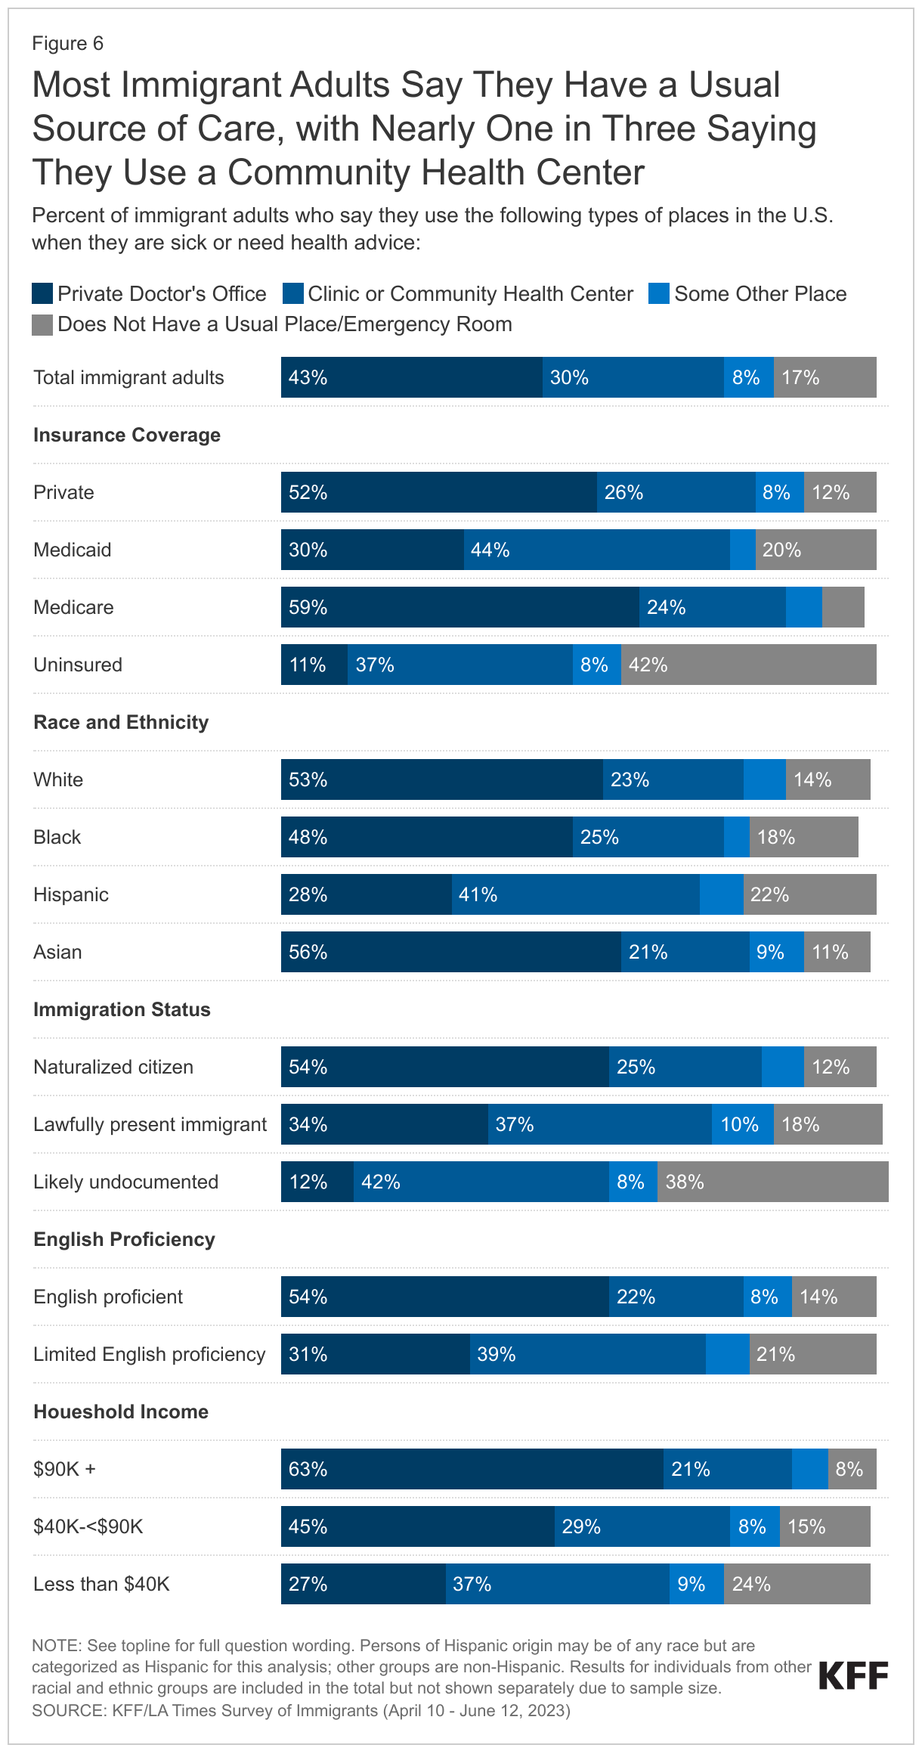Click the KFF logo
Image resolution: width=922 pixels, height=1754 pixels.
pyautogui.click(x=853, y=1675)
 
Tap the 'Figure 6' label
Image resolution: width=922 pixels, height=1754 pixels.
pyautogui.click(x=67, y=44)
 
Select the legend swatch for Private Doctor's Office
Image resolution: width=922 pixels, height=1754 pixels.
pyautogui.click(x=42, y=293)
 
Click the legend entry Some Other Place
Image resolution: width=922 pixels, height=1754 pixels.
pyautogui.click(x=760, y=293)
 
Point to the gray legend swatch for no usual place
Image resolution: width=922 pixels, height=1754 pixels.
pyautogui.click(x=42, y=324)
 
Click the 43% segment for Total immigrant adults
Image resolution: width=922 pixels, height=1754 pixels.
pyautogui.click(x=411, y=377)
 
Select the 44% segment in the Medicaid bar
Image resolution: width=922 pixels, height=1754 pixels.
pyautogui.click(x=596, y=550)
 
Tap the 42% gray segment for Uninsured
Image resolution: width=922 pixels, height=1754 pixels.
pyautogui.click(x=748, y=665)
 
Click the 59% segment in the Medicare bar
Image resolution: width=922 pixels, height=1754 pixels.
pyautogui.click(x=459, y=607)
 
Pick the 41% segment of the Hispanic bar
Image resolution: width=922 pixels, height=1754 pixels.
pyautogui.click(x=575, y=894)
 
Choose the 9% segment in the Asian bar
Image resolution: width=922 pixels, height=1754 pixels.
pyautogui.click(x=776, y=952)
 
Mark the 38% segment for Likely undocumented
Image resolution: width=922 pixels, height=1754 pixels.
pyautogui.click(x=772, y=1182)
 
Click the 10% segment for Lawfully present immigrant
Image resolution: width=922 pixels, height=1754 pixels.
pyautogui.click(x=742, y=1124)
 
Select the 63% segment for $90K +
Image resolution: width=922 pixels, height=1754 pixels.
pyautogui.click(x=472, y=1469)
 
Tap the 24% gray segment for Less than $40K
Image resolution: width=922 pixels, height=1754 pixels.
pyautogui.click(x=797, y=1584)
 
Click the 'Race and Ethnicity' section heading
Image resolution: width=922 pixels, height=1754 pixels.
pyautogui.click(x=121, y=722)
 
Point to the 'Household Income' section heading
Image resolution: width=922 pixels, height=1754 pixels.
pyautogui.click(x=121, y=1412)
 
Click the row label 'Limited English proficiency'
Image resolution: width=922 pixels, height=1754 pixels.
pyautogui.click(x=150, y=1354)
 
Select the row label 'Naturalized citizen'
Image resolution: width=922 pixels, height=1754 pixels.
pyautogui.click(x=113, y=1067)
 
